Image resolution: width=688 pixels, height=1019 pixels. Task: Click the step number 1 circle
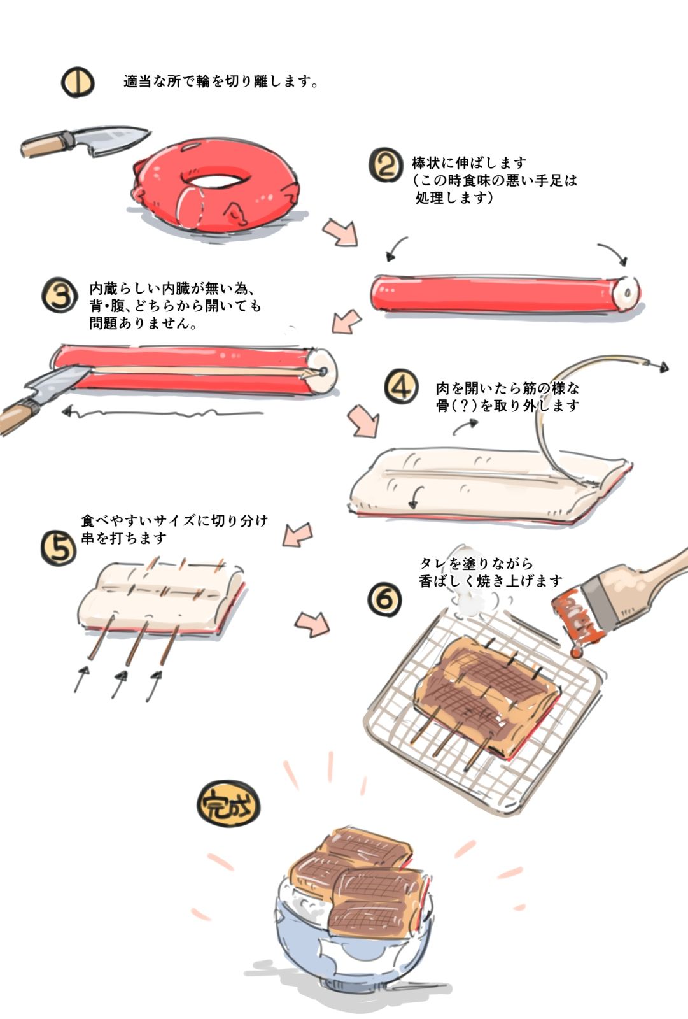tap(78, 82)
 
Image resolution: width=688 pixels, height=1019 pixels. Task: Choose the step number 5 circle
tap(59, 548)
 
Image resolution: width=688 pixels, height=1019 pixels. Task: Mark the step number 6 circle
tap(385, 599)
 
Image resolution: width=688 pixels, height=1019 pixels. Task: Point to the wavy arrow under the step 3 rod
tap(159, 413)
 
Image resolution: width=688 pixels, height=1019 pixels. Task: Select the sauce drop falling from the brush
tap(576, 652)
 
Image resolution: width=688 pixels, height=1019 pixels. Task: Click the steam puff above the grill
tap(470, 599)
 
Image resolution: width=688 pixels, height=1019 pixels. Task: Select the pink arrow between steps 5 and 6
tap(312, 624)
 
